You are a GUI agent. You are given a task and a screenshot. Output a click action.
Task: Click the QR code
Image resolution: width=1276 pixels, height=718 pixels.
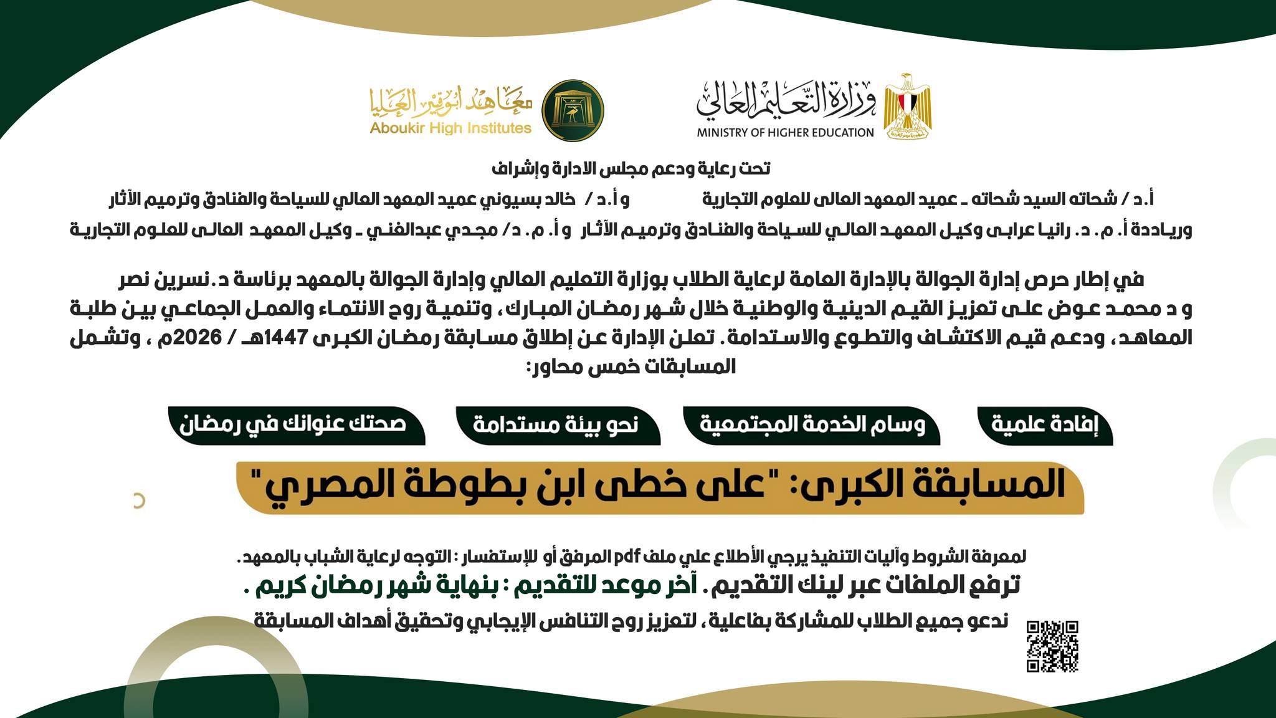coord(1052,646)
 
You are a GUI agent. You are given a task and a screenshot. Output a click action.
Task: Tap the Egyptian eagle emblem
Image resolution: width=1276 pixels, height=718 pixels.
coord(907,105)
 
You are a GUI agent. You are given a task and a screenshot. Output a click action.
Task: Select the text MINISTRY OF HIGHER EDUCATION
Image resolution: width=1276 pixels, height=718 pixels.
coord(785,133)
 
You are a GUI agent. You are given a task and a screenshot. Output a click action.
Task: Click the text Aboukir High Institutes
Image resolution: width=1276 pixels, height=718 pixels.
coord(450,128)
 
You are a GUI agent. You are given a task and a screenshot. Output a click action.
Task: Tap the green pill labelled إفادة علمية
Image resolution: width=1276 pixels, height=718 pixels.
coord(1044,424)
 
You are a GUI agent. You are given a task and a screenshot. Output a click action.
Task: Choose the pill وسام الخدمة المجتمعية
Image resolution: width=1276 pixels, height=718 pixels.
coord(812,424)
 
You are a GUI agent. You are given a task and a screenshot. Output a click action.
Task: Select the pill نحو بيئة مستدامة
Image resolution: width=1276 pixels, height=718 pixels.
coord(556,424)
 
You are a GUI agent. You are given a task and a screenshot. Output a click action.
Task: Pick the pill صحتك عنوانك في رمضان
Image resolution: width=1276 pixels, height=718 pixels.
coord(294,424)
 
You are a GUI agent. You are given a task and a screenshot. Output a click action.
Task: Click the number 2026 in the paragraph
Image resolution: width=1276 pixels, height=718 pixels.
coord(199,337)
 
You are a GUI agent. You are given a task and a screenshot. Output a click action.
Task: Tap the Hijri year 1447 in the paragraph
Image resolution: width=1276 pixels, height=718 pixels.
coord(286,337)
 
